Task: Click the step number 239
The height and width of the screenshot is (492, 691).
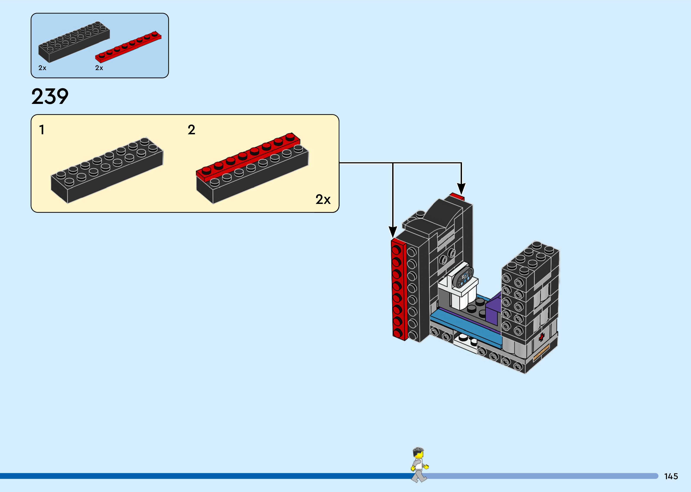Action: [50, 97]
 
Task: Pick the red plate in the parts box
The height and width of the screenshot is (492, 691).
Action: [128, 47]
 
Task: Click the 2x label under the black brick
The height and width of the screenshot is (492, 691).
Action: [42, 68]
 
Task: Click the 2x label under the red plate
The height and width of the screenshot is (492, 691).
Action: [99, 68]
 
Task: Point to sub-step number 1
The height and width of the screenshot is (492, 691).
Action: [42, 130]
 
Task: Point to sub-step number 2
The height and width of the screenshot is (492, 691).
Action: [191, 130]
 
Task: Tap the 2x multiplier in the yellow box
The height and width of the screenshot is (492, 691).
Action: [323, 199]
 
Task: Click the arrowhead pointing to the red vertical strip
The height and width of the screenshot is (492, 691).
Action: [393, 232]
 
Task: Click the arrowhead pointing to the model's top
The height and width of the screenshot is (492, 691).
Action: [461, 189]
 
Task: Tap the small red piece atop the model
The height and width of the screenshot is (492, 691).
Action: [457, 197]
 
